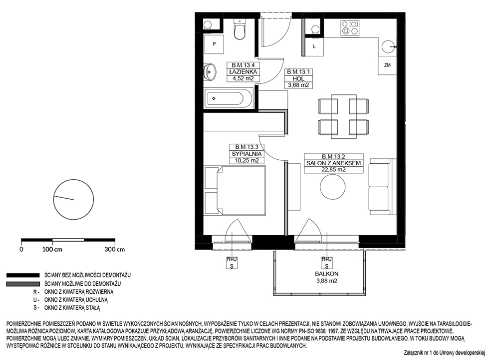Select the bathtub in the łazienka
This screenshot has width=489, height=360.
(x=229, y=98)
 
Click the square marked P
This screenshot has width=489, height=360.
(x=214, y=44)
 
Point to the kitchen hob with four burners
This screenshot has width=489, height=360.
(x=350, y=27)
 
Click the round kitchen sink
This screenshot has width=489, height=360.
(x=388, y=47)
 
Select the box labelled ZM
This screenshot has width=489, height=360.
(x=387, y=65)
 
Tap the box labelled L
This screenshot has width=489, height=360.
(x=314, y=46)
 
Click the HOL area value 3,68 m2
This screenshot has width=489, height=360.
(x=298, y=85)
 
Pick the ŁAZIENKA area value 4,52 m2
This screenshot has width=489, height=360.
(x=243, y=78)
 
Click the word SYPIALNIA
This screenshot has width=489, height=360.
(x=246, y=154)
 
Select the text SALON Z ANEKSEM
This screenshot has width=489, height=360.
(x=333, y=163)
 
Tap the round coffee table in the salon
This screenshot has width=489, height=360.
(x=332, y=187)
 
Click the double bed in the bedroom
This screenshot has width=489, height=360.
(x=235, y=190)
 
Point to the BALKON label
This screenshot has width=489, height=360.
(x=326, y=274)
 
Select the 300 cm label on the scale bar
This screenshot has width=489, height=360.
(x=115, y=250)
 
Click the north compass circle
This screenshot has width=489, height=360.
(x=74, y=200)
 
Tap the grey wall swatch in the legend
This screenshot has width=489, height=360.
(x=23, y=284)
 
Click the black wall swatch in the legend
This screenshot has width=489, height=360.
(x=23, y=275)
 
